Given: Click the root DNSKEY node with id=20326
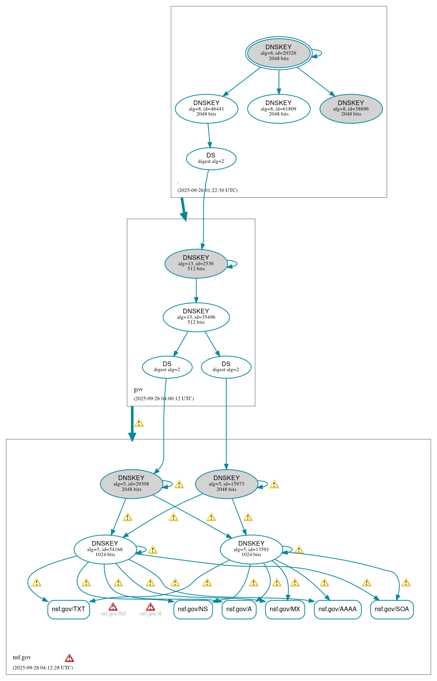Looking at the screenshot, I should (279, 53).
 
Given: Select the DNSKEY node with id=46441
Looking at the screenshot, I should (206, 109).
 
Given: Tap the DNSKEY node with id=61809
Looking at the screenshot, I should (279, 109).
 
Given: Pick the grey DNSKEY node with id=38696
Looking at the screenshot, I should (351, 109).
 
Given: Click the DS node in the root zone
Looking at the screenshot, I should (211, 158).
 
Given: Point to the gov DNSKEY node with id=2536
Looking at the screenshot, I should (196, 263).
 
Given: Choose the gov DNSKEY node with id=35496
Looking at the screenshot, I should (196, 317).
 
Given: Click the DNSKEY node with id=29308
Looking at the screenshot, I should (131, 484).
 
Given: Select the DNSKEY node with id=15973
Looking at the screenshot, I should (227, 484).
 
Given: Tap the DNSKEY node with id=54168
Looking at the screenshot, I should (105, 549).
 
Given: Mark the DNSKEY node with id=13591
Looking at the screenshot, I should (251, 549).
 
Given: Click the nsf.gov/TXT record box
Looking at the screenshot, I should (69, 609).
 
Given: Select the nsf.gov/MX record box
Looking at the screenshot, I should (285, 609).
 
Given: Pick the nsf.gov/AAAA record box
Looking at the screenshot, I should (337, 609).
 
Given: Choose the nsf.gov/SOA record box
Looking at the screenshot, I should (392, 609).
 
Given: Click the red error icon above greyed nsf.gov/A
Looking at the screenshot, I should (150, 607).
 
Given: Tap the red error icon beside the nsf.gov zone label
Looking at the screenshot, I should (69, 658).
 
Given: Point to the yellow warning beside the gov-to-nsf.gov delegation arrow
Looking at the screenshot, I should (139, 423).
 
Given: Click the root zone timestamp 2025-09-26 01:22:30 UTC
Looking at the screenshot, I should (207, 190).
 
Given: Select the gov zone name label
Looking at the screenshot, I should (138, 389).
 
